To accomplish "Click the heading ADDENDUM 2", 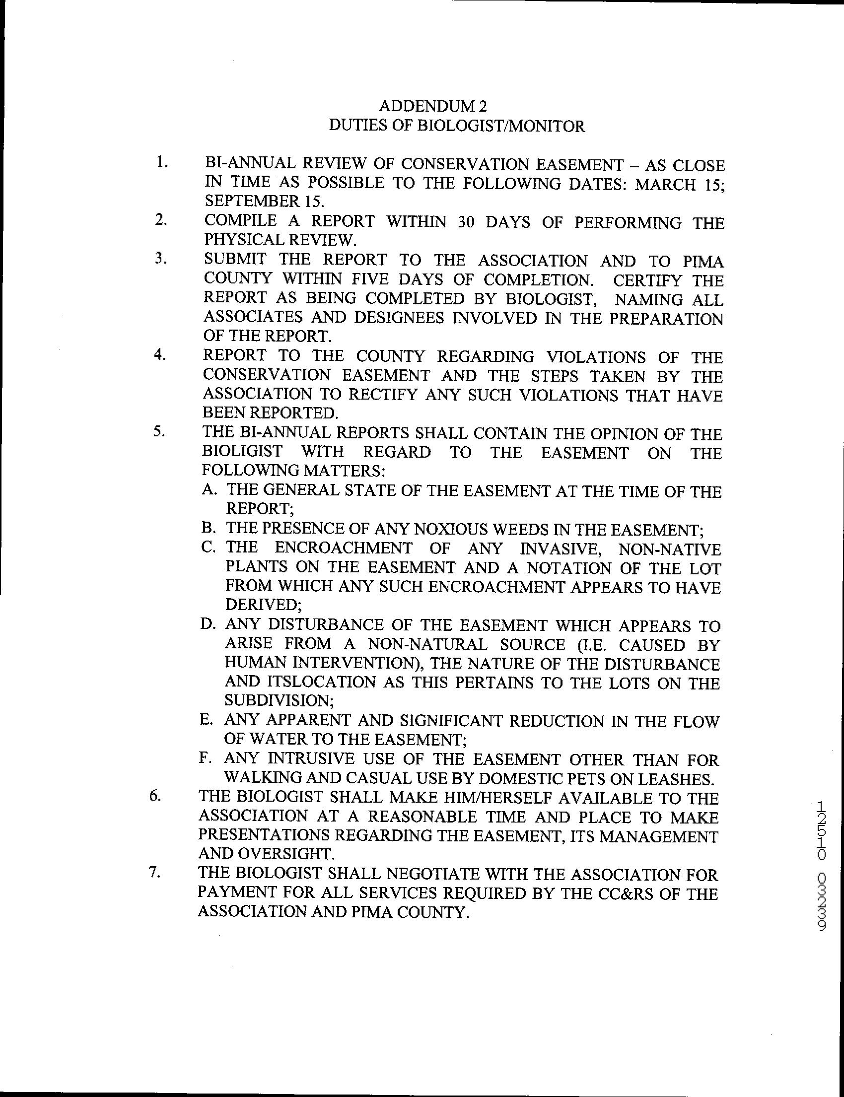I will tap(432, 106).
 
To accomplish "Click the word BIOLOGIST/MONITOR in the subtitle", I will tap(501, 126).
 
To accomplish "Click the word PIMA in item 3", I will tap(703, 261).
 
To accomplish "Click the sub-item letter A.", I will tap(209, 490).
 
